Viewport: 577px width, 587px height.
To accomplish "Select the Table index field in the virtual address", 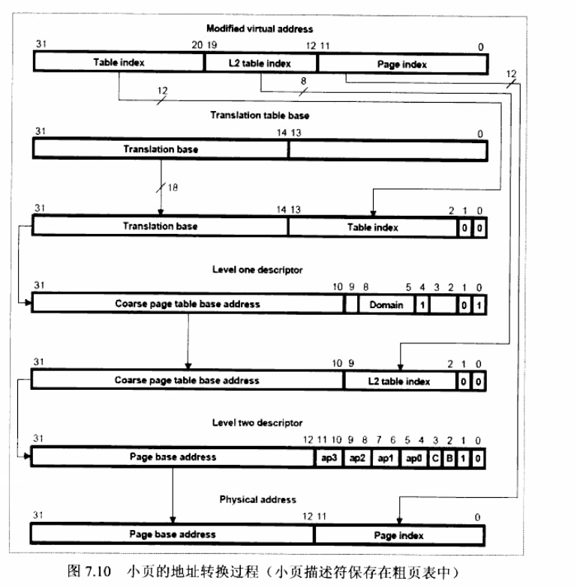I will [x=119, y=64].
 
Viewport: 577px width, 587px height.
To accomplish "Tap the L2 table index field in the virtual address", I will [x=260, y=64].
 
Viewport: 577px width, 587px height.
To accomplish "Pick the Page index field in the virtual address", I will [x=402, y=64].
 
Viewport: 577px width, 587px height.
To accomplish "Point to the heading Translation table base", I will [x=259, y=115].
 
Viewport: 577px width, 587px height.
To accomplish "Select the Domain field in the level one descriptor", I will [x=386, y=304].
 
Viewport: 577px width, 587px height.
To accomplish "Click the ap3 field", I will [x=326, y=457].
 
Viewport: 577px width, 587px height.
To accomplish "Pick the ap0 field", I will [x=413, y=457].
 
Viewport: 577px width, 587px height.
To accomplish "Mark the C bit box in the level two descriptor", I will [x=435, y=457].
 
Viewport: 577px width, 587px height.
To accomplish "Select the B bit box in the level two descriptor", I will [x=449, y=457].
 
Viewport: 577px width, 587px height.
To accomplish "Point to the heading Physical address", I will [x=257, y=499].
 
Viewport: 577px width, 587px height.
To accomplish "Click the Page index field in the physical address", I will [x=398, y=535].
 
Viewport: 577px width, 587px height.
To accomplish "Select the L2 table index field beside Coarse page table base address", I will [x=398, y=381].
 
